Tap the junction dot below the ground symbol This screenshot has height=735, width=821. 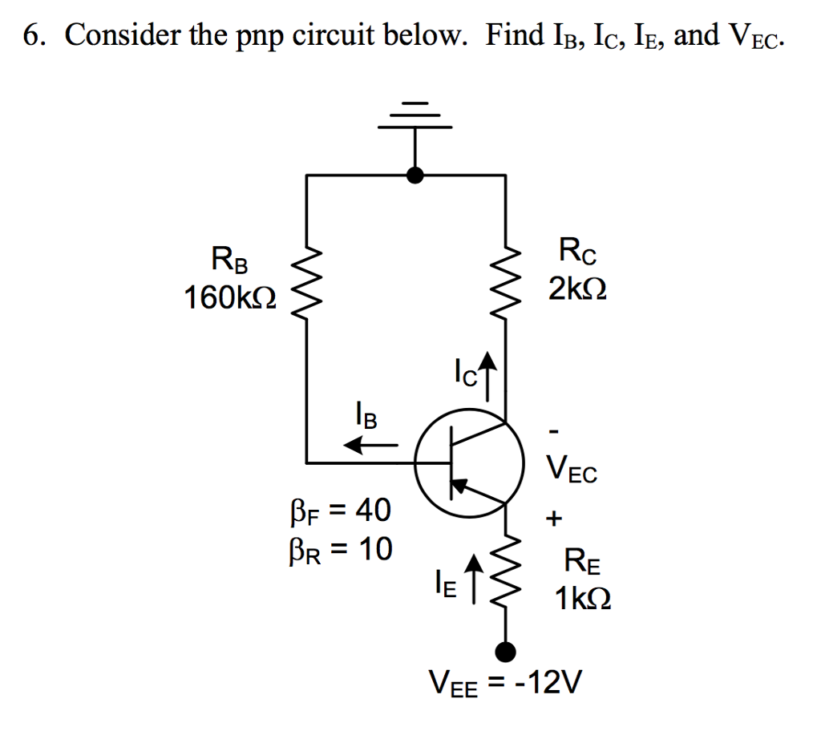(x=415, y=175)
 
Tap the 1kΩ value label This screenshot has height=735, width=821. (x=584, y=598)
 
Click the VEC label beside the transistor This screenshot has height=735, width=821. (x=571, y=470)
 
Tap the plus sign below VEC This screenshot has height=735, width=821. (x=553, y=519)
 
